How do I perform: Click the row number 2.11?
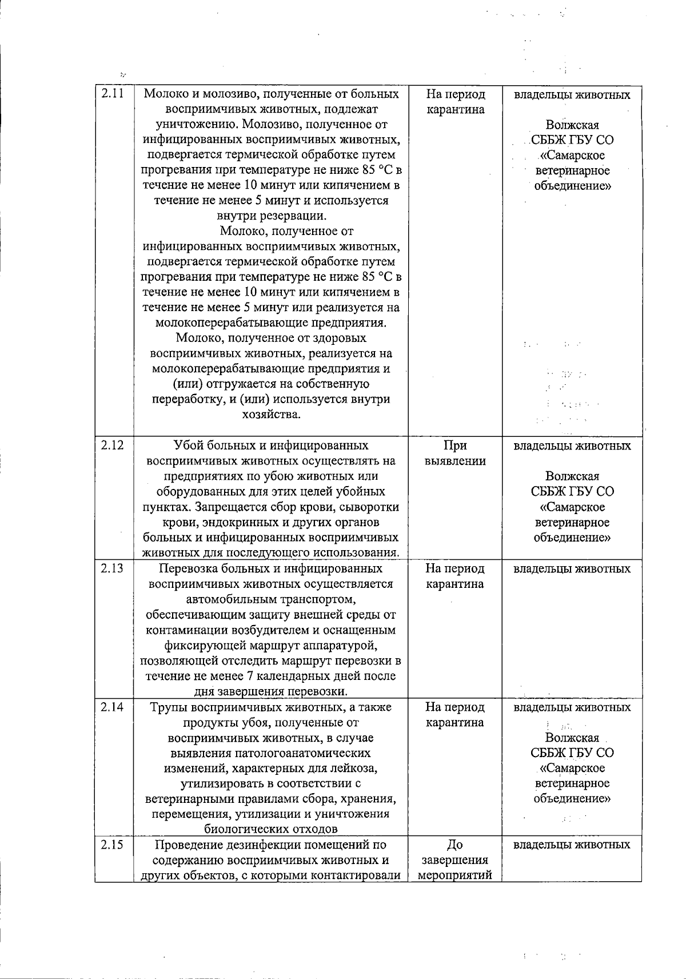pyautogui.click(x=113, y=94)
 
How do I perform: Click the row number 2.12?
pyautogui.click(x=113, y=445)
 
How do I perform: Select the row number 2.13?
pyautogui.click(x=113, y=568)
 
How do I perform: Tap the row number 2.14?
pyautogui.click(x=113, y=707)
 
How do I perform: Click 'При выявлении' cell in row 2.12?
pyautogui.click(x=455, y=453)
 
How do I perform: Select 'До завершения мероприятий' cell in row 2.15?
pyautogui.click(x=455, y=860)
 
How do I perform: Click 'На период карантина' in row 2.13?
pyautogui.click(x=455, y=576)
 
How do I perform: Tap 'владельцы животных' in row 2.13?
pyautogui.click(x=572, y=568)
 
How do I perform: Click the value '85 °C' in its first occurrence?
pyautogui.click(x=378, y=170)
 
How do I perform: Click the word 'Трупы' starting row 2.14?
pyautogui.click(x=166, y=707)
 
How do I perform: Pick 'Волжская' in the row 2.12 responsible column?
pyautogui.click(x=572, y=476)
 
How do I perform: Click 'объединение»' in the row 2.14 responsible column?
pyautogui.click(x=572, y=798)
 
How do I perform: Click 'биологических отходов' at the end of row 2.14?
pyautogui.click(x=270, y=829)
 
